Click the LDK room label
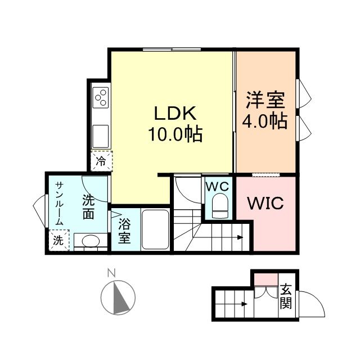coord(175,113)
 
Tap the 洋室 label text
coord(265,100)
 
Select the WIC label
coord(265,203)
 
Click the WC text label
coord(217,186)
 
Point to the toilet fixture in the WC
coord(220,206)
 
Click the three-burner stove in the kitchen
coord(101,97)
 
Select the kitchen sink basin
coord(100,136)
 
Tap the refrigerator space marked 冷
coord(101,161)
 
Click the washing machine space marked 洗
coord(58,240)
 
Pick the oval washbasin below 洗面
coord(91,241)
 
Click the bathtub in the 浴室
coord(155,229)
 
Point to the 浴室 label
coord(124,231)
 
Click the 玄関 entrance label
coord(286,296)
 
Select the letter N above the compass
coord(111,273)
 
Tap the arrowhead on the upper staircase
coord(240,237)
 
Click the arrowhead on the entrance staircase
coord(245,304)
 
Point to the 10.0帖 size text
coord(175,134)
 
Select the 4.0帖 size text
coord(265,120)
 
